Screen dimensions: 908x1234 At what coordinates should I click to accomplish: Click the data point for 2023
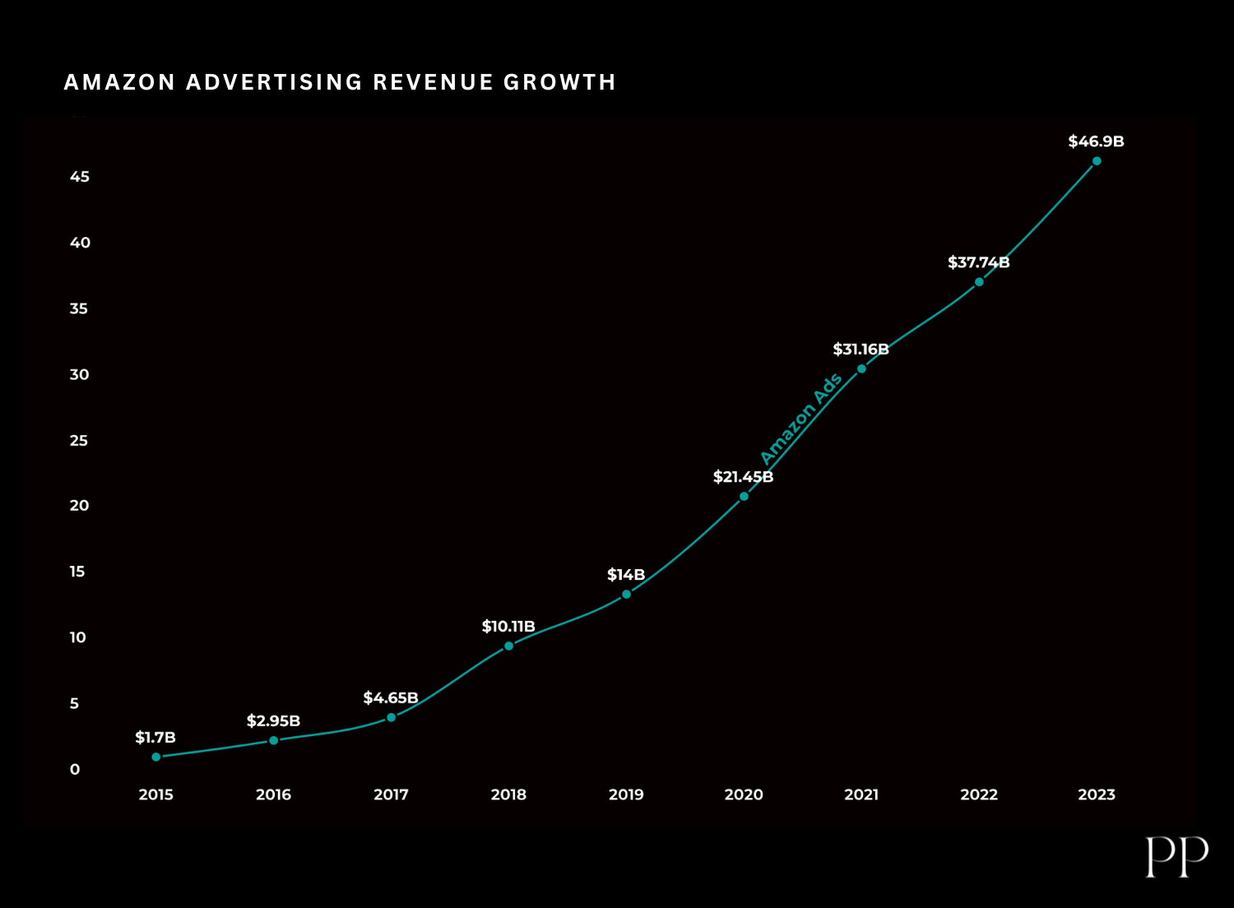pos(1096,161)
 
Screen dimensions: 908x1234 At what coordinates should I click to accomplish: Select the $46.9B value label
pos(1096,141)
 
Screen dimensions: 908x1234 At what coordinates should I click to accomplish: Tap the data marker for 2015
pos(156,757)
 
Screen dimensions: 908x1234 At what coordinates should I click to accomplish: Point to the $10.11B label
pos(508,627)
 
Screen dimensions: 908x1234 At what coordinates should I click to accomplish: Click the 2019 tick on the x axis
pos(626,794)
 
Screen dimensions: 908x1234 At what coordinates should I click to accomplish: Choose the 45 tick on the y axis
pos(80,177)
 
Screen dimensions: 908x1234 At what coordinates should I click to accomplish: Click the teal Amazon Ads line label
pos(800,419)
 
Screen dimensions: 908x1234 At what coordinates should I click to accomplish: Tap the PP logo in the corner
pos(1176,857)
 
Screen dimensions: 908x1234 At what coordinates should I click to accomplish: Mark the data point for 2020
pos(744,496)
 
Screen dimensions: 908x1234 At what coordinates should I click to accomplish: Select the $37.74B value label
pos(978,262)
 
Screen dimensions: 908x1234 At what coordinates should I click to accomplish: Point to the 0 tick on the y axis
pos(75,769)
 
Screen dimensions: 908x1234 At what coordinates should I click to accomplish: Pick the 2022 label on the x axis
pos(979,794)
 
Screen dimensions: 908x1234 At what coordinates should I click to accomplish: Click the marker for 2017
pos(391,717)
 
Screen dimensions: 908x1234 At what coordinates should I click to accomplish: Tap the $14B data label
pos(626,575)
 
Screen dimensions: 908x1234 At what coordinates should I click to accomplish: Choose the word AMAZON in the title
pos(120,82)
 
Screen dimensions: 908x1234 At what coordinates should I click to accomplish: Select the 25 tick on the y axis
pos(79,440)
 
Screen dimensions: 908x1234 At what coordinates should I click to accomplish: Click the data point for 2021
pos(861,368)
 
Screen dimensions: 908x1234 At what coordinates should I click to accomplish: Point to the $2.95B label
pos(273,721)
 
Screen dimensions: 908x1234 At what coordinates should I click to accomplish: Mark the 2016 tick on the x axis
pos(273,794)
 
